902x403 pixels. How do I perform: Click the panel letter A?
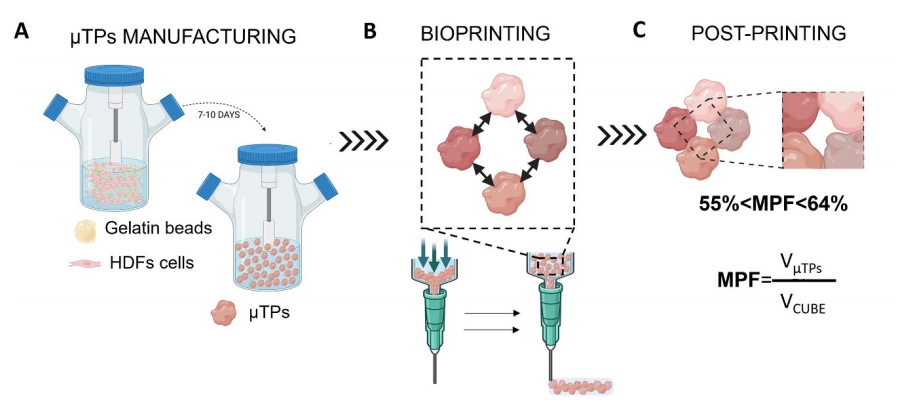pos(22,33)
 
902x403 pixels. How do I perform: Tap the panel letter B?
pos(369,33)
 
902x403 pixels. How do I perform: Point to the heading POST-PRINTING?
pos(769,34)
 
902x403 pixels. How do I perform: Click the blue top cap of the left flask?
pos(114,73)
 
